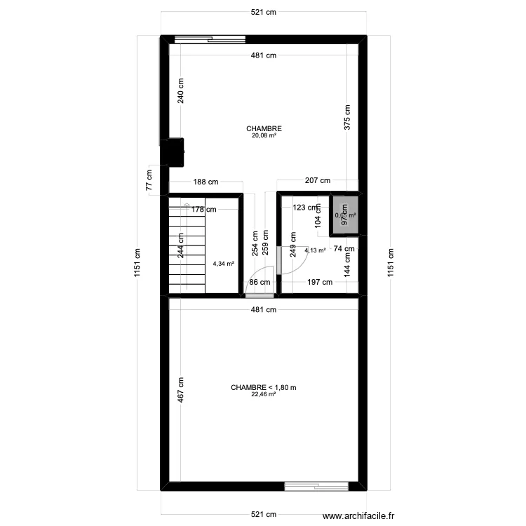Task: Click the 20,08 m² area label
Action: click(x=264, y=136)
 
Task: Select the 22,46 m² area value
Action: click(x=264, y=394)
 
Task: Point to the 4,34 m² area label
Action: click(x=223, y=264)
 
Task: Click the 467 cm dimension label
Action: click(x=181, y=390)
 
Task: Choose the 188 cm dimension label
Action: click(x=205, y=182)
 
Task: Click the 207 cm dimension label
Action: click(x=317, y=181)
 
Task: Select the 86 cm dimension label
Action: click(x=259, y=282)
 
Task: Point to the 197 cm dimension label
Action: click(x=320, y=282)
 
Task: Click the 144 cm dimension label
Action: click(x=346, y=263)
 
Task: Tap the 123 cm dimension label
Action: click(x=305, y=208)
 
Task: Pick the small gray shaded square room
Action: click(x=344, y=215)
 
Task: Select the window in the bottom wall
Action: click(x=316, y=485)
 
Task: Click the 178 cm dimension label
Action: click(x=204, y=209)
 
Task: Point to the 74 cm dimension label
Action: click(x=343, y=249)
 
